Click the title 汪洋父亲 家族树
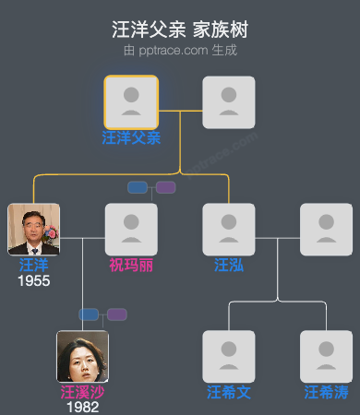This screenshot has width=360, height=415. coord(180,30)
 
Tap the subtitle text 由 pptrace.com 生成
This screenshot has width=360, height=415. coord(180,50)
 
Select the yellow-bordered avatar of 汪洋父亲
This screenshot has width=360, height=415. coord(131,102)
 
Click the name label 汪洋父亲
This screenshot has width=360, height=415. coord(131,138)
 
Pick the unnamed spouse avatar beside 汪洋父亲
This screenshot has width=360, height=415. coord(229,102)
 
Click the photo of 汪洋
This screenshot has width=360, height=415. coord(33,230)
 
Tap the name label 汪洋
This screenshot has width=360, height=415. coord(33,266)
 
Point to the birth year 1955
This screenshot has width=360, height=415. coord(33,280)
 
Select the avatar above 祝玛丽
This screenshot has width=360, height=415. coord(131,230)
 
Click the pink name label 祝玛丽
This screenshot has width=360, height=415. coord(131,266)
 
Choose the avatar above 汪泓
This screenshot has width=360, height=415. coord(229,230)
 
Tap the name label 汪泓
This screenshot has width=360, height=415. coord(229,266)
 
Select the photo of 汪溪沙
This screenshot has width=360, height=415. coord(82,356)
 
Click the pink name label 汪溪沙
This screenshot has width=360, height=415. coord(82,392)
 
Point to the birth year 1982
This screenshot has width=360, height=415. coord(82,407)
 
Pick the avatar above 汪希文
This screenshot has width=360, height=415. coord(229,356)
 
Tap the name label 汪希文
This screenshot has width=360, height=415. coord(229,392)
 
